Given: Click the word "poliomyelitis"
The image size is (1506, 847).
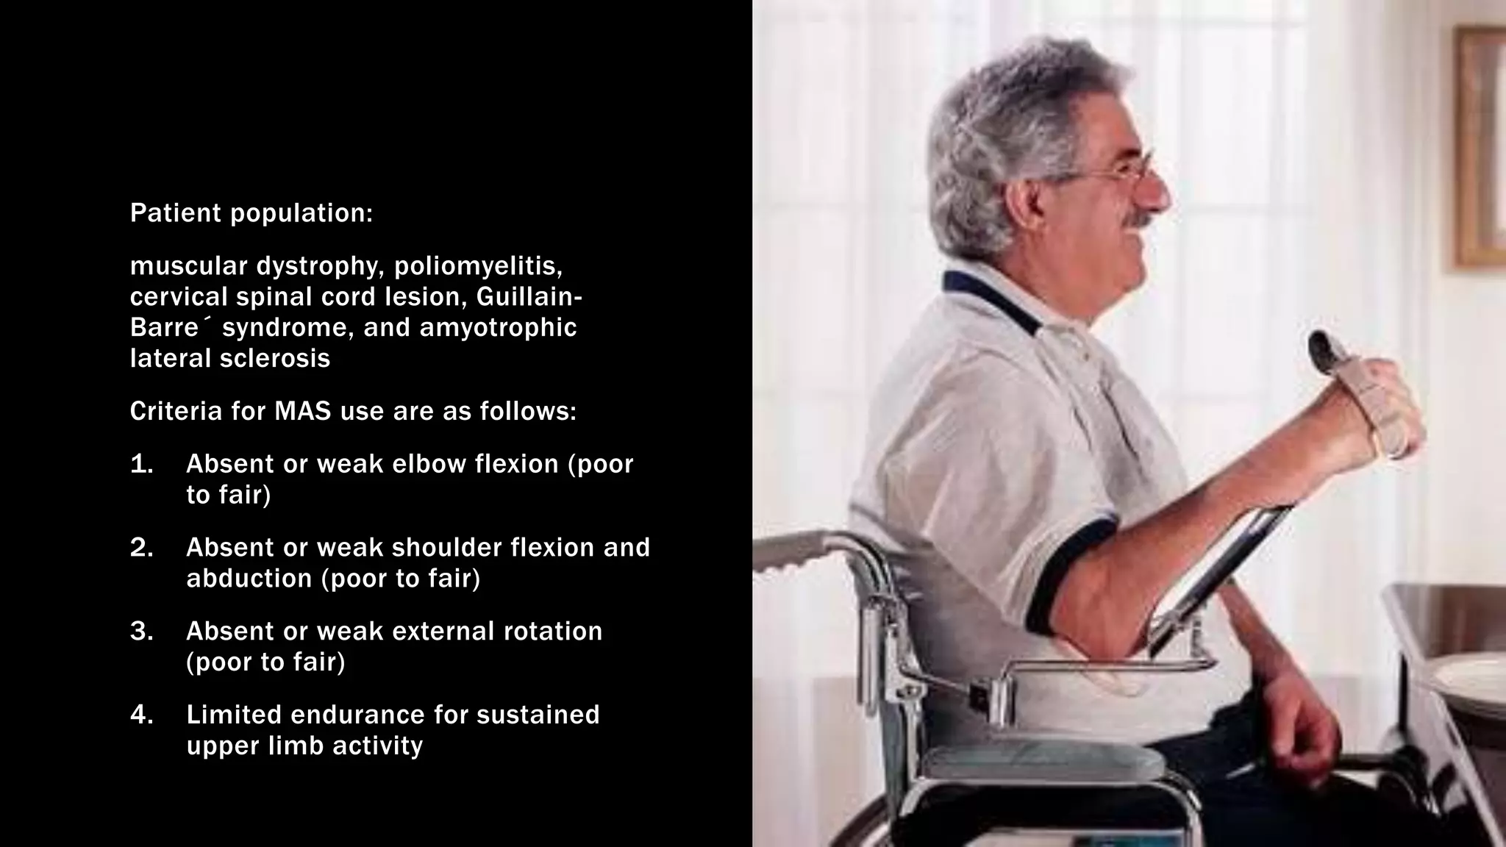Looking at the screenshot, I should click(478, 266).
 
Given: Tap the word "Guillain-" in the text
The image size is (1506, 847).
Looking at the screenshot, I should click(529, 297).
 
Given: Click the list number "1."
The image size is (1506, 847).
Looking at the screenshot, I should click(142, 464).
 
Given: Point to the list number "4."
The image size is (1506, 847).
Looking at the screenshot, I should click(142, 715).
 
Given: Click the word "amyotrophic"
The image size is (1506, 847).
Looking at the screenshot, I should click(498, 328).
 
